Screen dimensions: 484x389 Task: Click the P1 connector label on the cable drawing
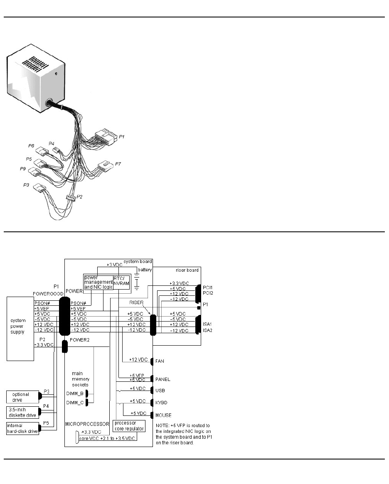[x=122, y=136]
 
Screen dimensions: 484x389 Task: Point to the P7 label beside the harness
[x=118, y=164]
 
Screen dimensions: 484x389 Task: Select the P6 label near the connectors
[x=31, y=146]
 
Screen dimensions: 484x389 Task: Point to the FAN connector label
[x=160, y=361]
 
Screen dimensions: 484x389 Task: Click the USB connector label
[x=160, y=391]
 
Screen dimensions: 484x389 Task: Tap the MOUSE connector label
[x=163, y=415]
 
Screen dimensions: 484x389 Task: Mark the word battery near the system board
[x=145, y=270]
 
